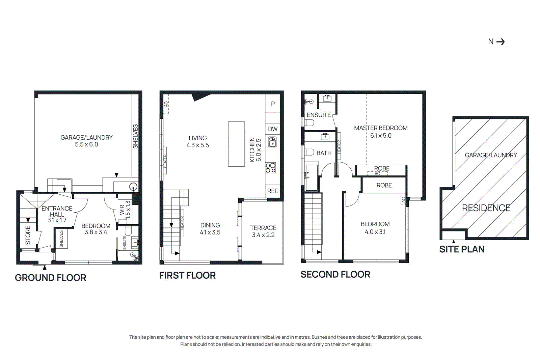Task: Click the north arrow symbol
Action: point(501,42)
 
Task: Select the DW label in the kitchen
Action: point(273,129)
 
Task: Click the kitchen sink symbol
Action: point(272,142)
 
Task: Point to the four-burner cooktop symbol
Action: point(271,168)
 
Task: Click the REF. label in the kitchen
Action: point(273,191)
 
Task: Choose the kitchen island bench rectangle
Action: point(236,144)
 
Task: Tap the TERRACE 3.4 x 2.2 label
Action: point(263,231)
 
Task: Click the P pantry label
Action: point(273,104)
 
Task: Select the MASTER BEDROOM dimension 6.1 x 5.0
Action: point(381,136)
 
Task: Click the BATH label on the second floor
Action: point(324,153)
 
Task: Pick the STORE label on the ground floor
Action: point(28,235)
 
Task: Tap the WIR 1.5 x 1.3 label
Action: point(125,210)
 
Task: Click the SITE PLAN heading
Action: point(462,249)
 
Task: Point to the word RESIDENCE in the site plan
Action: point(486,208)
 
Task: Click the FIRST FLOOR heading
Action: point(187,275)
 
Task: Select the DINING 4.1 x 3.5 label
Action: point(210,229)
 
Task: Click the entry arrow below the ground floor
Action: point(45,268)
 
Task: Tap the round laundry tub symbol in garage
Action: point(134,187)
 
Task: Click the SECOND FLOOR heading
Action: point(335,274)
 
